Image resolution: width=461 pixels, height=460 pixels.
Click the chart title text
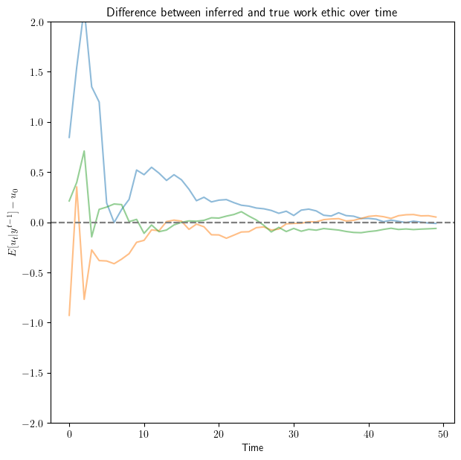coord(252,12)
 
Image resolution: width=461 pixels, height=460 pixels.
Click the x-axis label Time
coord(252,447)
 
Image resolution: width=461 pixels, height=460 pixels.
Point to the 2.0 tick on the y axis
coord(37,22)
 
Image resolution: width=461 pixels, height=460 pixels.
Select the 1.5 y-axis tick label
coord(37,72)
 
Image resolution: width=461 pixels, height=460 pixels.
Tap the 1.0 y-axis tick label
coord(37,122)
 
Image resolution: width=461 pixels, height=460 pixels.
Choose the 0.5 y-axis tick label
coord(37,173)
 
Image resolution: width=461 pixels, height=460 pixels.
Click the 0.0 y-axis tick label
coord(37,223)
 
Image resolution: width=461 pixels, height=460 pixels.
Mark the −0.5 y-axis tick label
coord(33,272)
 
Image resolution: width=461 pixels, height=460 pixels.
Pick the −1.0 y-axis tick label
coord(33,323)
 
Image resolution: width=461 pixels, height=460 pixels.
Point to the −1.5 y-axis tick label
coord(33,373)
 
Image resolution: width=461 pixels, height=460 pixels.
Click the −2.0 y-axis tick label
coord(33,423)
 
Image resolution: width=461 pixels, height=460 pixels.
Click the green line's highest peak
coord(84,151)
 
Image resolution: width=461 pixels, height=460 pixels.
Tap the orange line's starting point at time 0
coord(69,315)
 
